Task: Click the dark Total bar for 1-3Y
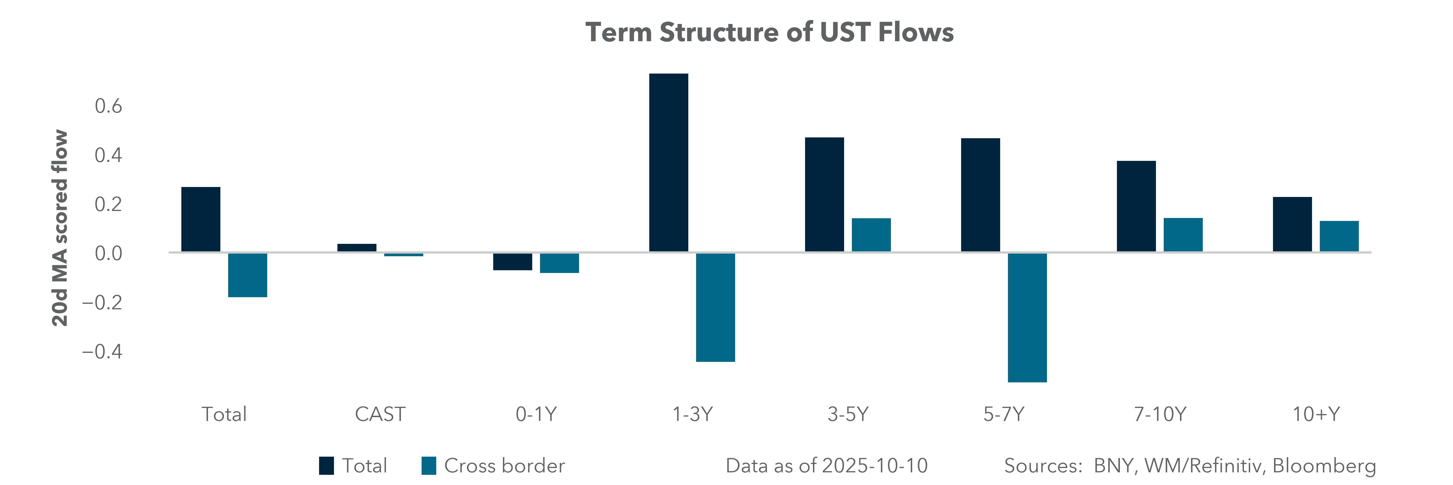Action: click(x=668, y=162)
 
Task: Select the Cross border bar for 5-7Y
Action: click(x=1027, y=317)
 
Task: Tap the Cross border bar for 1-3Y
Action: click(x=715, y=307)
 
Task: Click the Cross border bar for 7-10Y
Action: click(x=1183, y=235)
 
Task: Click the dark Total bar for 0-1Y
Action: click(x=512, y=261)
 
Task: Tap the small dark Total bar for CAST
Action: click(x=357, y=248)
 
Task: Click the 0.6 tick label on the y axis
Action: click(x=108, y=106)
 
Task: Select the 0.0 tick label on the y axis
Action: click(x=108, y=254)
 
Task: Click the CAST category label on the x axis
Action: click(x=380, y=414)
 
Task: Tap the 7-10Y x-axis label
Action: click(x=1160, y=414)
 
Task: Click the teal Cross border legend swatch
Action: click(x=429, y=466)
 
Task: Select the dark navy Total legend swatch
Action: click(x=326, y=466)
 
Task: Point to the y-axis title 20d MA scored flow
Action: click(x=60, y=228)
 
